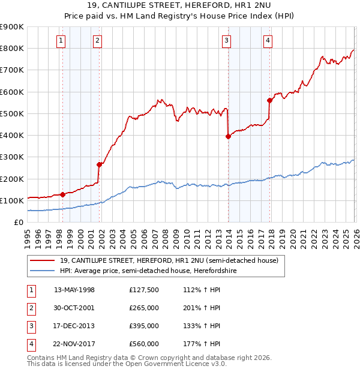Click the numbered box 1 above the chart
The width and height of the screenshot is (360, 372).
[62, 41]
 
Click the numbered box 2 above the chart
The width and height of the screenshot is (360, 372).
[97, 41]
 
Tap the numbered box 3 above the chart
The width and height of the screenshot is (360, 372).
[226, 41]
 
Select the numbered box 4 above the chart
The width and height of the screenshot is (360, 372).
[268, 41]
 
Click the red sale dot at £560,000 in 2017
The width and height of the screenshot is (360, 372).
[269, 101]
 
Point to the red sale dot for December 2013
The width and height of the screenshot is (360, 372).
[228, 137]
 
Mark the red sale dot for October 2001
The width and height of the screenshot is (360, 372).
[100, 164]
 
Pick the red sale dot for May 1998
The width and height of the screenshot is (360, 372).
[63, 194]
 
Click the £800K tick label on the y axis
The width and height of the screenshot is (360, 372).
[12, 49]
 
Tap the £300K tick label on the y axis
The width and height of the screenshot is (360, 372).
[12, 157]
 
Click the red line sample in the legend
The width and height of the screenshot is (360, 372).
[42, 261]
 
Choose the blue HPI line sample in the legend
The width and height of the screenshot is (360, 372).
[42, 271]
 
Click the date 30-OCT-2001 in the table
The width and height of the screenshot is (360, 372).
[74, 308]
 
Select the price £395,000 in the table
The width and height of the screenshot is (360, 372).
[144, 326]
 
